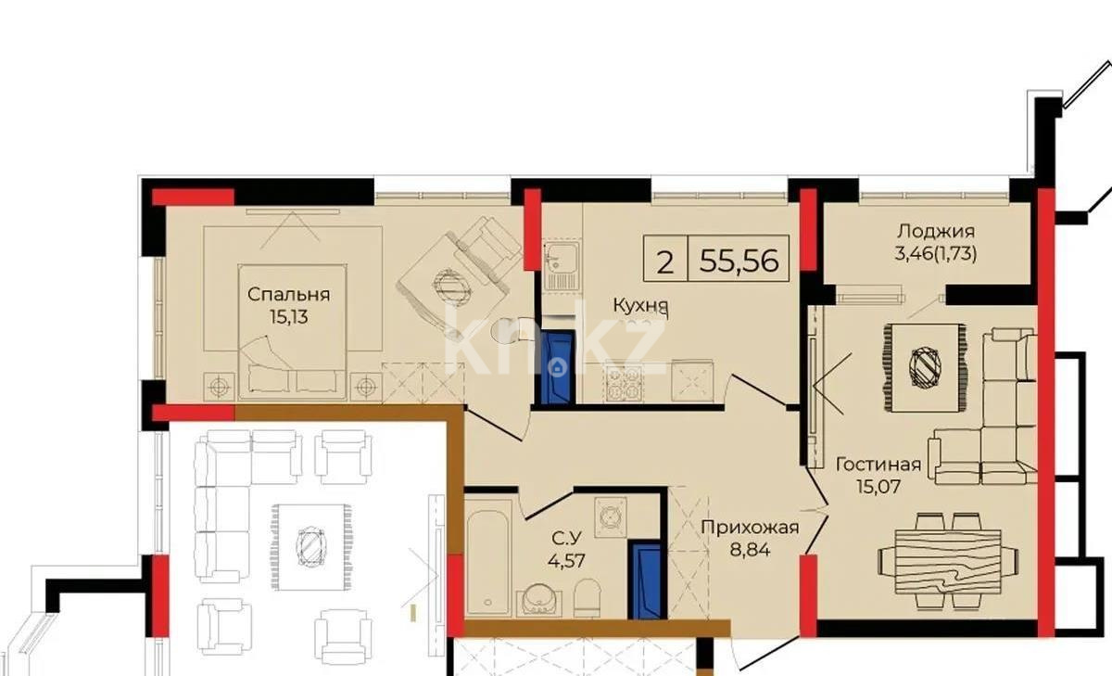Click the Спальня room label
(x=288, y=295)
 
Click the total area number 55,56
(x=738, y=261)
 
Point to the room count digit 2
(x=665, y=261)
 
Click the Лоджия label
(x=935, y=232)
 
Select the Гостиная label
(x=878, y=465)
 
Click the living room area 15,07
(x=878, y=484)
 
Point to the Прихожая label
(x=749, y=529)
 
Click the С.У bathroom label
(x=566, y=539)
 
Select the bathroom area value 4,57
(x=566, y=559)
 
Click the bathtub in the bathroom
(x=488, y=557)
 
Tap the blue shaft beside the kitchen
(x=558, y=367)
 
